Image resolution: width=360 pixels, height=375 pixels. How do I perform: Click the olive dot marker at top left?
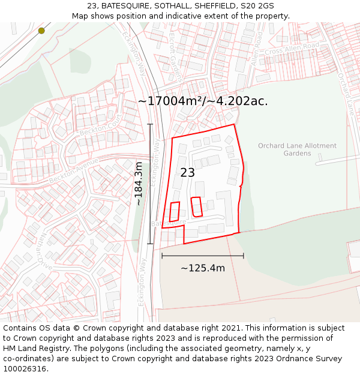point(41,31)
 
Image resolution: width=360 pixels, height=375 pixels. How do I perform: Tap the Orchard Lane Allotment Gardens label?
point(297,149)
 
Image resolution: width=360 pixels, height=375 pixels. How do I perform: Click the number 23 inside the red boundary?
point(187,173)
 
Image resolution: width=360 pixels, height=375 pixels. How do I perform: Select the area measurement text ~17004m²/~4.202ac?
point(203,101)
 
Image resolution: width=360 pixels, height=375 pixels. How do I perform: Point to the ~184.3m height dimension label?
point(139,184)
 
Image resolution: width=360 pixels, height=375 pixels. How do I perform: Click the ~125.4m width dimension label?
point(203,268)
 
